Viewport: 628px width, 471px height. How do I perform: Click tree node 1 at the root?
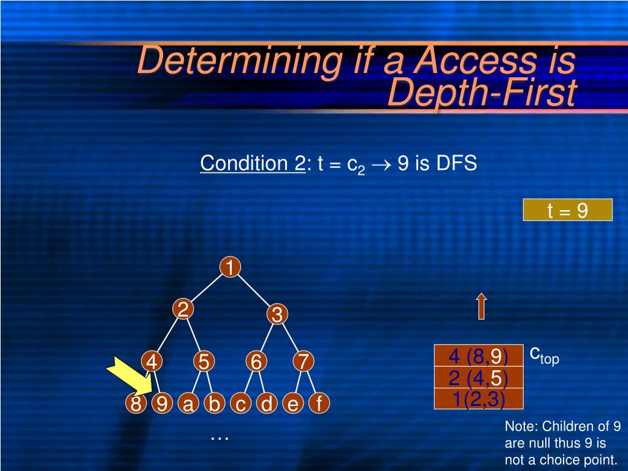[229, 268]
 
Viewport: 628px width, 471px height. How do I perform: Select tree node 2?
[182, 309]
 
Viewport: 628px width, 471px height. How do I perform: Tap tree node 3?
[277, 315]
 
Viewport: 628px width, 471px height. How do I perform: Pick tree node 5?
[204, 362]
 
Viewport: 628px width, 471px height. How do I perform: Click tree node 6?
[256, 362]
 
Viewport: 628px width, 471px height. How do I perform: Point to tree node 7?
[303, 362]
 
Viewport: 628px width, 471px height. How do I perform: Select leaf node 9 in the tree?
[161, 404]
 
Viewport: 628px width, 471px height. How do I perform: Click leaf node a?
[188, 404]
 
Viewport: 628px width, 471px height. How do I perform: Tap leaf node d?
[267, 404]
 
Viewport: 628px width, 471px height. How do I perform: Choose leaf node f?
[319, 404]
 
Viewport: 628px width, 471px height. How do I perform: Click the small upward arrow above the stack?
[481, 306]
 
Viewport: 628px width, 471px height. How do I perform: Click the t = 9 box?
[567, 210]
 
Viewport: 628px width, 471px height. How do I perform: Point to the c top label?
[544, 354]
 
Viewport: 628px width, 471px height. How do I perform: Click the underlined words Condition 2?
[252, 164]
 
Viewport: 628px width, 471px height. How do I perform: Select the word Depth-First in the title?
[483, 93]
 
